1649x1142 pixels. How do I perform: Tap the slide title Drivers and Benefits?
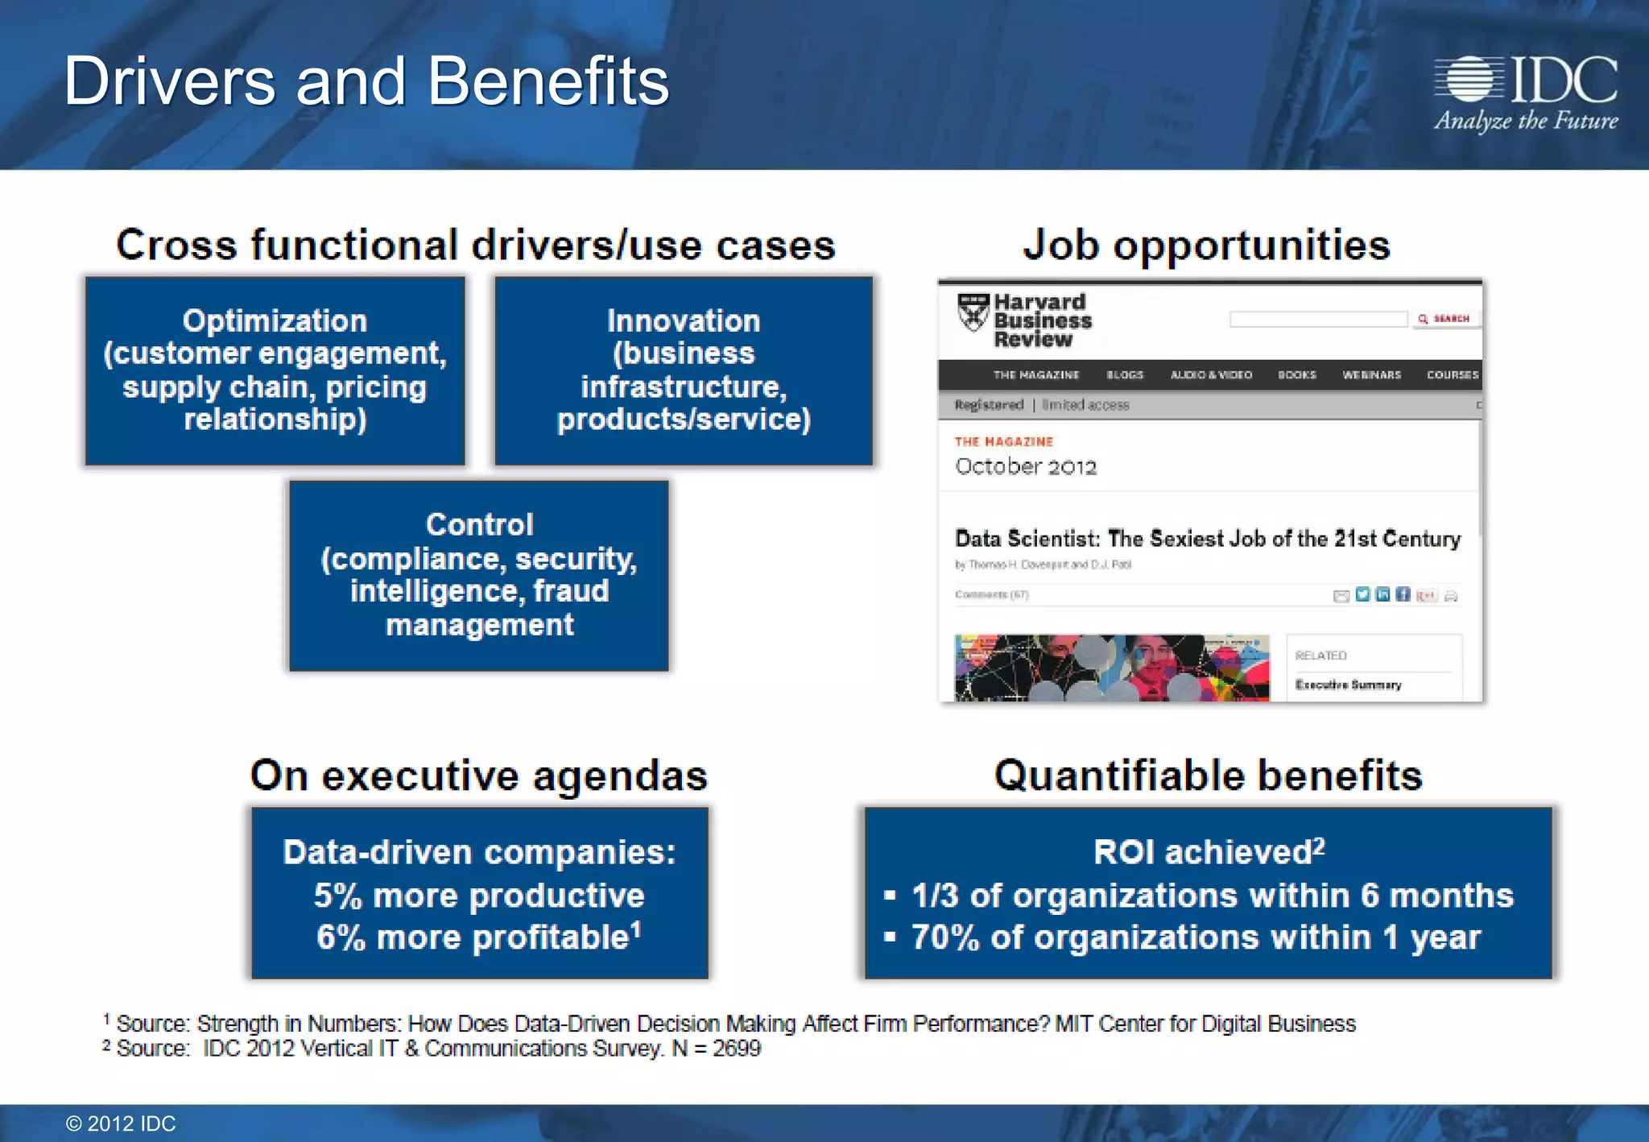(366, 81)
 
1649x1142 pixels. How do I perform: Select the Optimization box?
(275, 370)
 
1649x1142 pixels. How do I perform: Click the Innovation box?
(684, 370)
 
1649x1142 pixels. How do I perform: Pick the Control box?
(479, 575)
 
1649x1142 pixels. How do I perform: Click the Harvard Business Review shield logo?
(973, 312)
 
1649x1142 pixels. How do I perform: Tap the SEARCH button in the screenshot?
(1444, 319)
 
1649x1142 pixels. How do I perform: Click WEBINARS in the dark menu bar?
(1371, 375)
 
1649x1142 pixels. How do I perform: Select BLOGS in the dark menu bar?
(1124, 375)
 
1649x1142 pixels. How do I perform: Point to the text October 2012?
(1026, 467)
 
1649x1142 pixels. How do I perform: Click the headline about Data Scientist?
(1207, 539)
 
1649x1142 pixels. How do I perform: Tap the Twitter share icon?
(1362, 595)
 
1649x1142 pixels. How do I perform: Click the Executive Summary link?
(1348, 685)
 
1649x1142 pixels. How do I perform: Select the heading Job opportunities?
(1206, 245)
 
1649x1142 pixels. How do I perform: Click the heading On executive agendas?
(479, 776)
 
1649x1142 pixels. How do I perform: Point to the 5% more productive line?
(479, 896)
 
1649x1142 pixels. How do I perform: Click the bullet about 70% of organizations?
(1196, 937)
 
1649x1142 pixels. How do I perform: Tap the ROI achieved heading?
(1208, 852)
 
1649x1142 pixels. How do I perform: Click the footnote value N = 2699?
(716, 1049)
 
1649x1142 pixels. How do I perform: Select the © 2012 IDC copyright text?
(121, 1123)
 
